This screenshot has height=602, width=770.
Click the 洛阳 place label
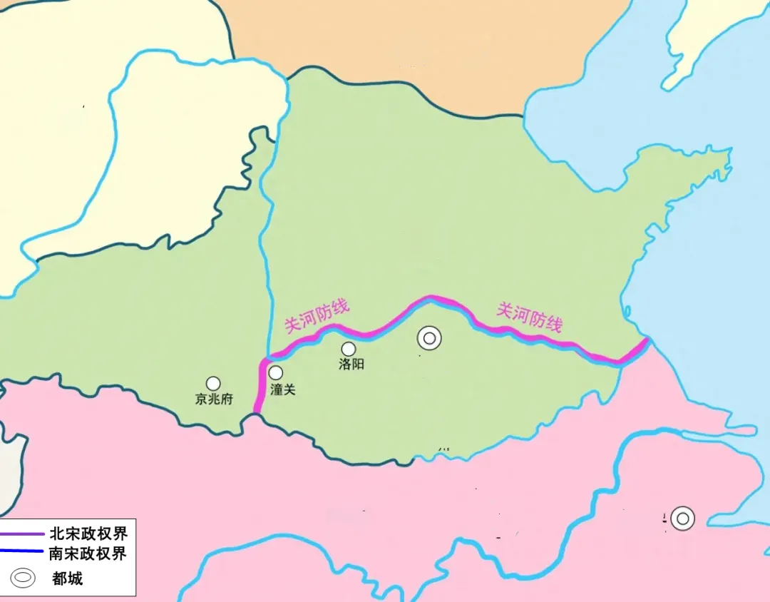[x=352, y=364]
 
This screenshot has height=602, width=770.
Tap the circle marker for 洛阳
[x=349, y=349]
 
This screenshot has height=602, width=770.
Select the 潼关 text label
[x=283, y=389]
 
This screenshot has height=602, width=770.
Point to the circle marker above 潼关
[x=275, y=372]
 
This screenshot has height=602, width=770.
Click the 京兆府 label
[x=214, y=399]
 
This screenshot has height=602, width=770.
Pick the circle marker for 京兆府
[x=213, y=384]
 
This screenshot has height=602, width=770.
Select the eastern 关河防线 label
[x=529, y=317]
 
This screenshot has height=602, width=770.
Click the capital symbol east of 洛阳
[x=429, y=338]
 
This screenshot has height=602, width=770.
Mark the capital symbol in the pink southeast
[x=682, y=519]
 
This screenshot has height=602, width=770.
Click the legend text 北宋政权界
[x=88, y=534]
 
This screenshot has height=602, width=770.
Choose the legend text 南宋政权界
[x=88, y=553]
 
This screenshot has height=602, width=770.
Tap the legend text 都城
[x=68, y=578]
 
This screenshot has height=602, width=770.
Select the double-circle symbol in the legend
[x=23, y=577]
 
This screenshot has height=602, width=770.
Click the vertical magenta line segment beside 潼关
[x=258, y=389]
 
